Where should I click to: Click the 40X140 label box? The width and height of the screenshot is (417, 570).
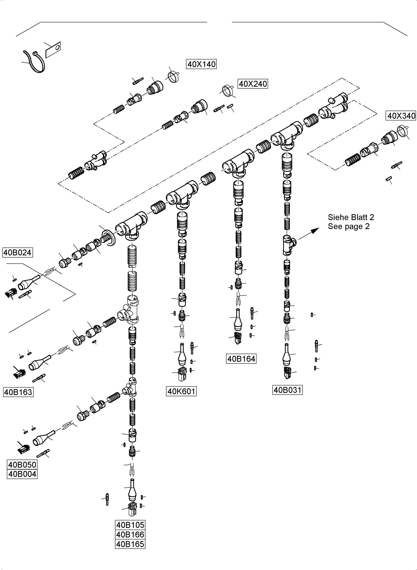[201, 64]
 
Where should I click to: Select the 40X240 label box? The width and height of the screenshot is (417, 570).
[253, 84]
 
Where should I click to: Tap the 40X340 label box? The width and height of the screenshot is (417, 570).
[401, 116]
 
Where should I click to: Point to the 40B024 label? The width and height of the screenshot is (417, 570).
[17, 252]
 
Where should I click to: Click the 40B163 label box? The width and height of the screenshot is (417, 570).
[18, 392]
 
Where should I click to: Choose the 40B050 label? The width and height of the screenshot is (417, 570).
[22, 464]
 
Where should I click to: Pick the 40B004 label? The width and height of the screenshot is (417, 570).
[22, 474]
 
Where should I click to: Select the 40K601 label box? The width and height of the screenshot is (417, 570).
[181, 391]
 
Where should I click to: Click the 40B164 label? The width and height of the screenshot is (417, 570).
[241, 359]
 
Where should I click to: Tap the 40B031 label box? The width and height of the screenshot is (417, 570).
[287, 390]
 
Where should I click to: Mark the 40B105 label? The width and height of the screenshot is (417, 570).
[130, 525]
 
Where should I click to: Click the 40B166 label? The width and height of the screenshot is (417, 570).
[130, 534]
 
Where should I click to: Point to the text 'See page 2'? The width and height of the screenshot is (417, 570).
[348, 226]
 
